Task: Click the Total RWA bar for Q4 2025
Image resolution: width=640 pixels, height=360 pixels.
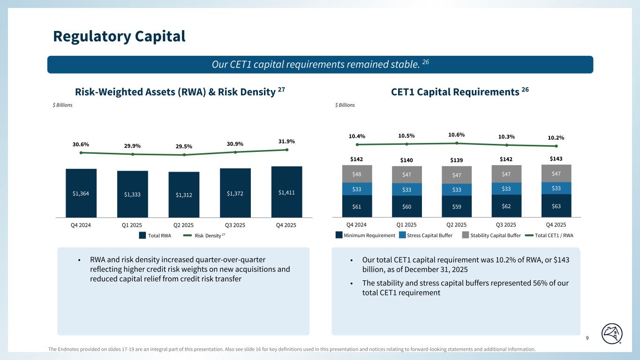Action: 286,192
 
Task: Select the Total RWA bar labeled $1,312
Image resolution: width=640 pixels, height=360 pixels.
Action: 184,195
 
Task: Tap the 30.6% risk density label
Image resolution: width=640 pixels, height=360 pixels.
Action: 81,144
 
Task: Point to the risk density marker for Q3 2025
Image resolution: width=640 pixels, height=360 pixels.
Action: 235,152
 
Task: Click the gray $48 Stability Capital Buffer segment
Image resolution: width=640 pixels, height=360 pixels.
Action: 357,174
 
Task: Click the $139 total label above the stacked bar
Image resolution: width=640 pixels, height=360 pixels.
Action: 456,160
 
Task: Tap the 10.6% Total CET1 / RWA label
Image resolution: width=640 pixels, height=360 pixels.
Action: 457,135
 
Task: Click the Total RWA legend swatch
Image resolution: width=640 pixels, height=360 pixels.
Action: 142,236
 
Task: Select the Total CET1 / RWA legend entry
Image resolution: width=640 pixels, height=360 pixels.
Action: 553,236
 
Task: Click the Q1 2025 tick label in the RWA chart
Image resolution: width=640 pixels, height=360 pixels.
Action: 133,225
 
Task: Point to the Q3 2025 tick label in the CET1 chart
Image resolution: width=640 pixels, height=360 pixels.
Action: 506,225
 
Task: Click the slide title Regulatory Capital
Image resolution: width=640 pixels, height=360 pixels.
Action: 119,36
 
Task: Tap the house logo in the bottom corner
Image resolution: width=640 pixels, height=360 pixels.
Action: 613,334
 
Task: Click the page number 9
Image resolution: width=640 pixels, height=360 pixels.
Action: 587,338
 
